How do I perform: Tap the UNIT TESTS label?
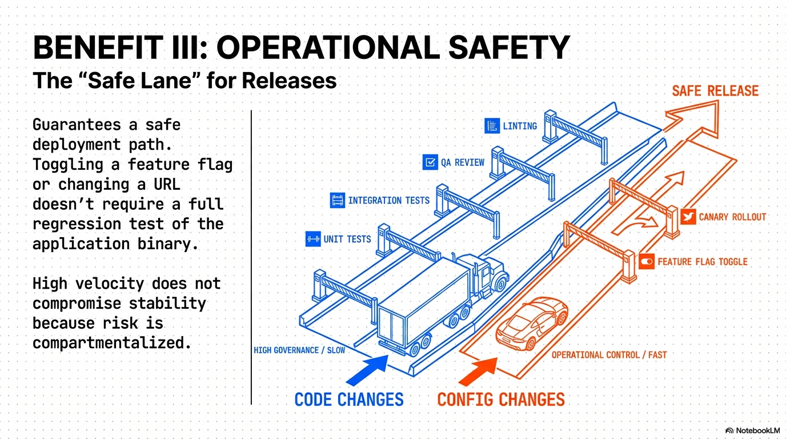[347, 239]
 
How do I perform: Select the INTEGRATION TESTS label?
[388, 200]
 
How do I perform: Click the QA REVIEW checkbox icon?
[430, 162]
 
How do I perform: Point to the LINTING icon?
[492, 126]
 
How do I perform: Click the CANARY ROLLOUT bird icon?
[688, 217]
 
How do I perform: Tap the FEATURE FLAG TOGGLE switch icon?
[647, 262]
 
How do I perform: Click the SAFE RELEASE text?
[715, 91]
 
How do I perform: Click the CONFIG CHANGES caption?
[501, 399]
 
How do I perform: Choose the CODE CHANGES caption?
[349, 399]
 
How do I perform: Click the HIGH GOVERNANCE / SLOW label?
[299, 350]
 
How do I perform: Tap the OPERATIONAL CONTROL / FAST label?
[609, 355]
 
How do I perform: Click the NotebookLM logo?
[752, 430]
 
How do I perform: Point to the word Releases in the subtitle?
[289, 81]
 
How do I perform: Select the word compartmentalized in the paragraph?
[111, 342]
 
